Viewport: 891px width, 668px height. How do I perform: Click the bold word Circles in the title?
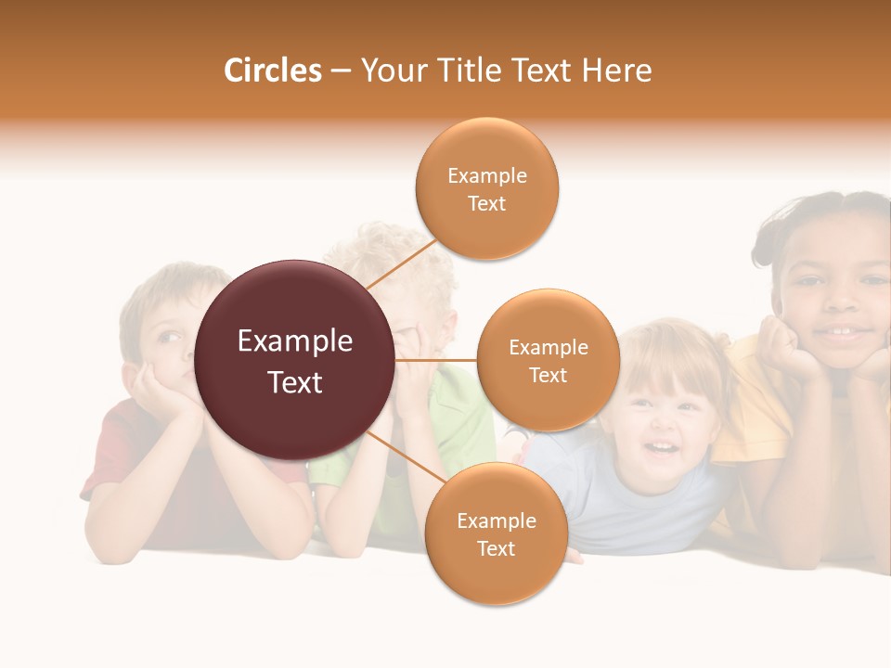pyautogui.click(x=272, y=71)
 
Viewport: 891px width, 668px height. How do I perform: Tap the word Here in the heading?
pyautogui.click(x=616, y=71)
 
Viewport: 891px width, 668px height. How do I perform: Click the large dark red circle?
pyautogui.click(x=295, y=360)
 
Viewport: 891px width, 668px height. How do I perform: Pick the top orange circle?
pyautogui.click(x=487, y=188)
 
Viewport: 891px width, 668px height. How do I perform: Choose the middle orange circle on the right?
pyautogui.click(x=548, y=360)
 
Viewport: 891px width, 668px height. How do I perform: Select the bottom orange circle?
pyautogui.click(x=496, y=533)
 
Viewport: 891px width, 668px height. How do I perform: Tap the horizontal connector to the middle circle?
pyautogui.click(x=436, y=360)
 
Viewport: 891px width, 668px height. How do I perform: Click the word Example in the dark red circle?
pyautogui.click(x=295, y=341)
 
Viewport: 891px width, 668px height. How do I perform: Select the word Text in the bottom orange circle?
pyautogui.click(x=496, y=548)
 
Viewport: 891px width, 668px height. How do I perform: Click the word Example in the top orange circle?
pyautogui.click(x=487, y=175)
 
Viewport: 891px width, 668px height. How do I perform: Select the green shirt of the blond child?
pyautogui.click(x=464, y=417)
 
